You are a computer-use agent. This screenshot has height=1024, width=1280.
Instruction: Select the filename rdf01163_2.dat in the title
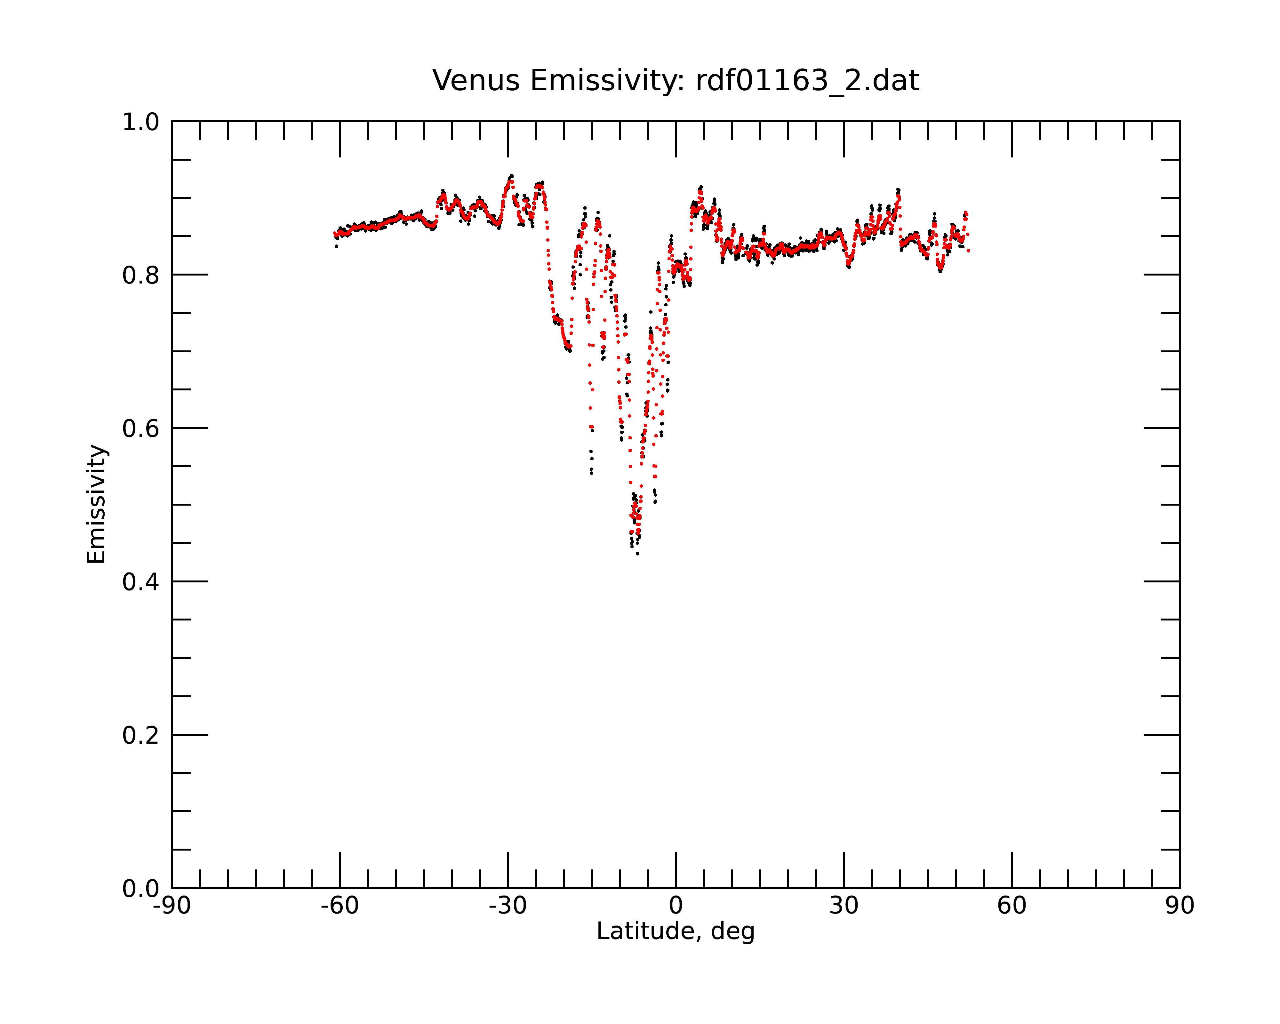[x=807, y=81]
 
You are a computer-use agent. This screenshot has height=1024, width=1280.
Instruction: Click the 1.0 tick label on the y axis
[x=141, y=122]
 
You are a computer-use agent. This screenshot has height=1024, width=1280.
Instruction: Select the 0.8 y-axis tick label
[x=141, y=276]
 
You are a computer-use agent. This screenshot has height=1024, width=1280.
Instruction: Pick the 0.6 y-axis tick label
[x=141, y=428]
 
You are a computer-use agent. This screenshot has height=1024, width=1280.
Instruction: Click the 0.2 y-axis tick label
[x=141, y=735]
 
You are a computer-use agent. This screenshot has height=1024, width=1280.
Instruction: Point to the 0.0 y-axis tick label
[x=141, y=889]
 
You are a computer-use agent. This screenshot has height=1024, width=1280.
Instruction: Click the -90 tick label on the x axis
[x=172, y=906]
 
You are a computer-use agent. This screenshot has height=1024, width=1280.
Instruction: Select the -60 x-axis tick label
[x=340, y=906]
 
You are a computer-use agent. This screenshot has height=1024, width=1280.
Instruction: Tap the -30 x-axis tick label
[x=508, y=906]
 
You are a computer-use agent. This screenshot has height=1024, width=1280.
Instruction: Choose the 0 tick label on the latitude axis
[x=676, y=906]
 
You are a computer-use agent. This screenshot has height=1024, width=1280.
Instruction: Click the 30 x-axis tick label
[x=844, y=906]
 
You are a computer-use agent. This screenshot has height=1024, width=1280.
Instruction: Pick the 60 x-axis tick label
[x=1012, y=906]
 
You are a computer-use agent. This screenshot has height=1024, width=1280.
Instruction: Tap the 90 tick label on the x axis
[x=1180, y=906]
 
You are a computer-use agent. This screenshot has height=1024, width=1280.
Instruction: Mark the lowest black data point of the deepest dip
[x=637, y=553]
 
